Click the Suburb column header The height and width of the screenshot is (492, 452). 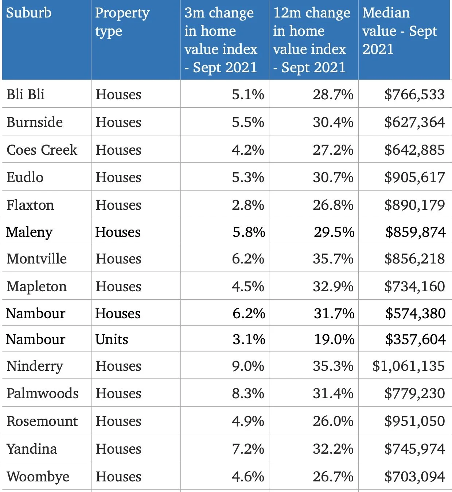[29, 13]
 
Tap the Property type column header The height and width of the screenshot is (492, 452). [122, 22]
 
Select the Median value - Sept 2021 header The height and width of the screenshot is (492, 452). [400, 31]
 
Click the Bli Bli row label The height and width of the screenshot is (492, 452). [26, 95]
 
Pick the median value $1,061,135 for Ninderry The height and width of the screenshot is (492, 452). [408, 366]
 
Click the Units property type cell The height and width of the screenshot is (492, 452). [112, 339]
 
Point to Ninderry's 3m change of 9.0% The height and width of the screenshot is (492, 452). [248, 366]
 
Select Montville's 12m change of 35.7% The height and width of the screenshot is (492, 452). [333, 259]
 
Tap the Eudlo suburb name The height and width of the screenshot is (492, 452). [25, 177]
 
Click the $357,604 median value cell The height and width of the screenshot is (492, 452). [415, 339]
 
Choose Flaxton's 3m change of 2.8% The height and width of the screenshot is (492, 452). [248, 205]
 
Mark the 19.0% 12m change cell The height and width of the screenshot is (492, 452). [334, 339]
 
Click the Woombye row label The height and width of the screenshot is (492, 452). [38, 477]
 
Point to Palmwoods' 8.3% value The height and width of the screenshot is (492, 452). [248, 393]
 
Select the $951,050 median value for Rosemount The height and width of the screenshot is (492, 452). [414, 421]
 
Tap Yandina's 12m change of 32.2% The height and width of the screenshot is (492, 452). [333, 449]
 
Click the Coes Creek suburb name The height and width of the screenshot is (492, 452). [42, 150]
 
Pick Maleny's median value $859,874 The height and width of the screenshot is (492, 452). [415, 232]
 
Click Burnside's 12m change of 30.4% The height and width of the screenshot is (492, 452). [333, 122]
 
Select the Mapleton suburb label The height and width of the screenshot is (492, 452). [36, 287]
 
